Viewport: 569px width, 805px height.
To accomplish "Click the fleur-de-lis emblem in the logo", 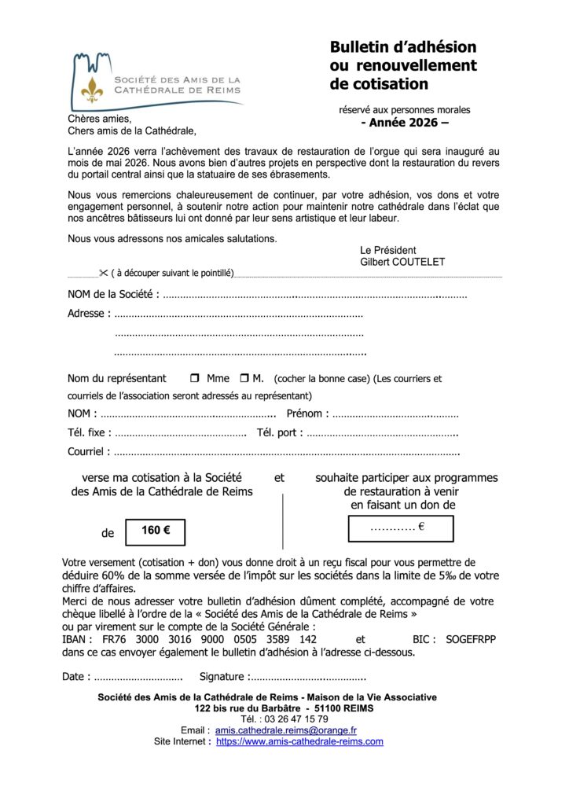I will point(93,89).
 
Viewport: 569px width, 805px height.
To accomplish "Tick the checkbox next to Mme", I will point(195,378).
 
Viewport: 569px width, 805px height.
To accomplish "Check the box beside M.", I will point(244,378).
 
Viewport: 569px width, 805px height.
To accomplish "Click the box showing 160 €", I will point(156,531).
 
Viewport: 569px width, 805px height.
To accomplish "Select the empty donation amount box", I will point(401,529).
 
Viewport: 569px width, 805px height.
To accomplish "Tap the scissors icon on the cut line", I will point(103,273).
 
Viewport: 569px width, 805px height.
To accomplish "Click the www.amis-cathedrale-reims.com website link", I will point(299,741).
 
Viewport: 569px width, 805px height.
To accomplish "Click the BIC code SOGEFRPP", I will point(471,640).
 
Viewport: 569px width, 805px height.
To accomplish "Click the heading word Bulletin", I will point(363,47).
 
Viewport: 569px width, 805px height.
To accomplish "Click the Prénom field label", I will point(305,414).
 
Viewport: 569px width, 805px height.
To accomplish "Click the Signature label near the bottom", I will point(224,677).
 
